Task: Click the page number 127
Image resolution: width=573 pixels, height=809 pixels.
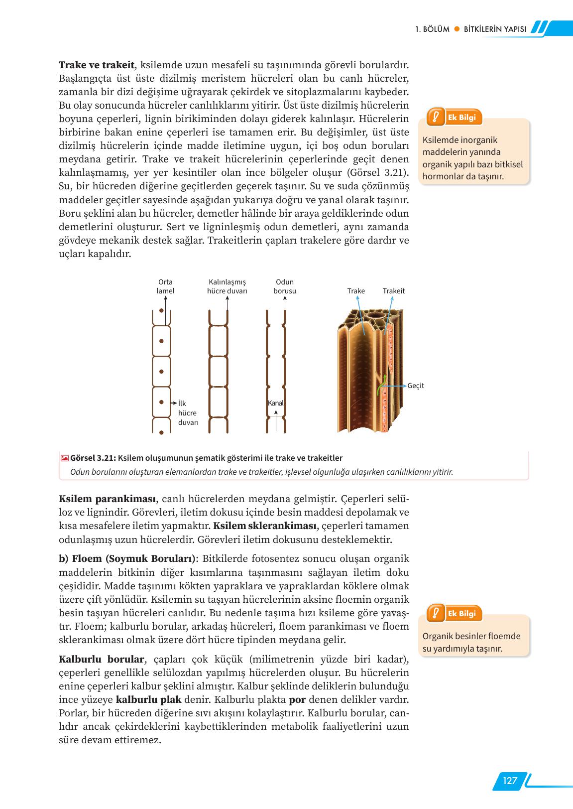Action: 509,781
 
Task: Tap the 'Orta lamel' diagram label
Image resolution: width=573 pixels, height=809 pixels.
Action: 165,286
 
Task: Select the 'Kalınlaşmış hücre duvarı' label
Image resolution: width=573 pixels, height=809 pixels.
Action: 227,286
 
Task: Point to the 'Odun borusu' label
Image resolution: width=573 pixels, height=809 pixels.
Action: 284,286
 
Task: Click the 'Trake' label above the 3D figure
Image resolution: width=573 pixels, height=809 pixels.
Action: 356,291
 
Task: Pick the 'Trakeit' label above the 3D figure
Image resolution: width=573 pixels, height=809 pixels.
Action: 394,291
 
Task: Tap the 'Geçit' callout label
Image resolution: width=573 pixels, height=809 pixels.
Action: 416,386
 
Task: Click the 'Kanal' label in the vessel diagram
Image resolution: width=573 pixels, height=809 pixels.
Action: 276,403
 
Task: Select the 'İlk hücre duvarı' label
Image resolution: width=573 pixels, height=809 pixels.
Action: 188,413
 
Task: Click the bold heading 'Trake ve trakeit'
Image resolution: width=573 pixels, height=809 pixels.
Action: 97,65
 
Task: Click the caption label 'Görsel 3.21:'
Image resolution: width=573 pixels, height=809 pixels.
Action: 94,458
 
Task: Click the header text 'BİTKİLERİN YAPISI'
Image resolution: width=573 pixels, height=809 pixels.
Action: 494,29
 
